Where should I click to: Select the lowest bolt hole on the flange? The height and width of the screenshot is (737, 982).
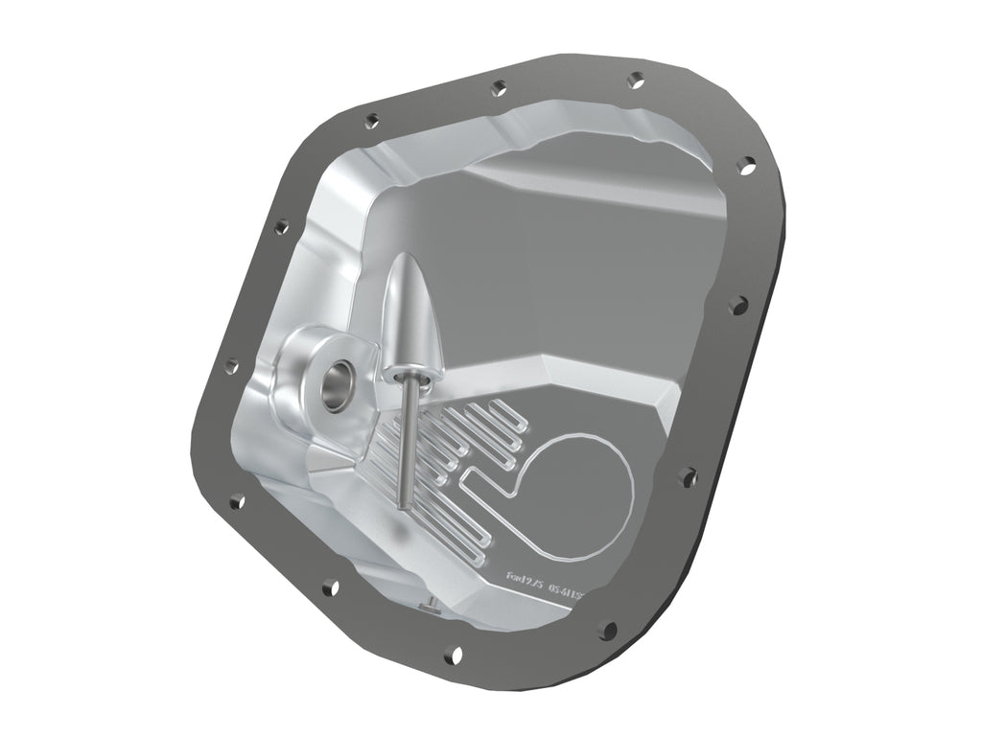(x=455, y=656)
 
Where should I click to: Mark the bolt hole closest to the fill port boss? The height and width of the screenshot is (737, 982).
(x=231, y=365)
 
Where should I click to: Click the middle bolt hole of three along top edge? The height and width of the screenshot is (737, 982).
(x=499, y=88)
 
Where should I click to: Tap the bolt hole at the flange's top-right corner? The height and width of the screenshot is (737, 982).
(x=745, y=166)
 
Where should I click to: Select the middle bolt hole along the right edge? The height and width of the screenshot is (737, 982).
(x=736, y=305)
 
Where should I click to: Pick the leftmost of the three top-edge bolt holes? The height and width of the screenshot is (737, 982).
(x=372, y=121)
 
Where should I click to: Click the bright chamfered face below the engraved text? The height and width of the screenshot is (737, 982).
(x=537, y=613)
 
